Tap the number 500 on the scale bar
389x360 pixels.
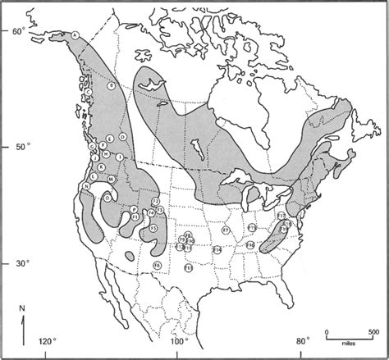click(x=373, y=331)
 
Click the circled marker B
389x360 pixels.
click(x=111, y=85)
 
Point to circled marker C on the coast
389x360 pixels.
click(x=89, y=93)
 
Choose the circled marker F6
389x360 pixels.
click(x=157, y=266)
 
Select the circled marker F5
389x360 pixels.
click(x=153, y=226)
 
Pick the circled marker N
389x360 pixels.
click(x=85, y=185)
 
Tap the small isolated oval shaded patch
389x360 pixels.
click(x=129, y=257)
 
